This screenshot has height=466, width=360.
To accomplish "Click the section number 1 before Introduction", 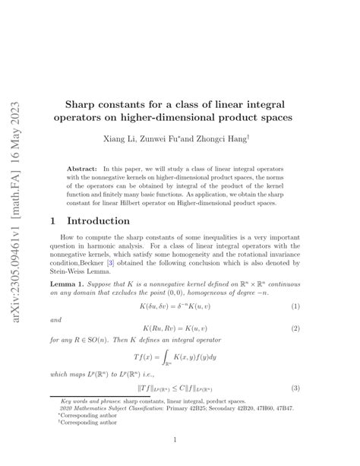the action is click(53, 220).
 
